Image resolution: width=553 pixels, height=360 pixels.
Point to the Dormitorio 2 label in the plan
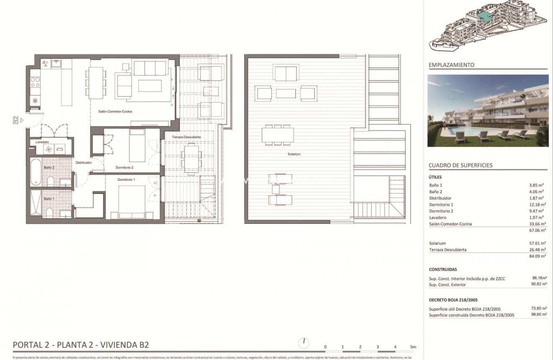pos(124,168)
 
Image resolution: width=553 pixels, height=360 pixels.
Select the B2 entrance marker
pos(16,120)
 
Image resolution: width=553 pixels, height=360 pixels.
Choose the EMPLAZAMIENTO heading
pos(452,65)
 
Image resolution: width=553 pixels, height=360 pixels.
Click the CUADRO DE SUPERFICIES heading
pos(460,165)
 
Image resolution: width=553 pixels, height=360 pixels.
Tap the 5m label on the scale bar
pos(413,347)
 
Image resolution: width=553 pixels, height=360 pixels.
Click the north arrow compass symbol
pos(303,343)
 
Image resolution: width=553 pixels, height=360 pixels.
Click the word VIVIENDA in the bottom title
pos(117,345)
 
